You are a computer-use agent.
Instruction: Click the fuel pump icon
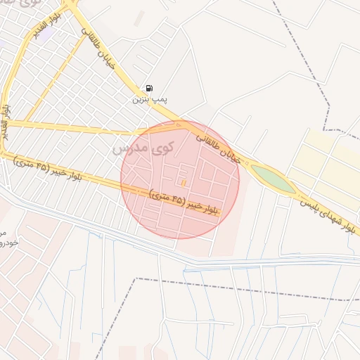149,89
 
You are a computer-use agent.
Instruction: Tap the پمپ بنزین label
150,100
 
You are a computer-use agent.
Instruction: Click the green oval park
273,179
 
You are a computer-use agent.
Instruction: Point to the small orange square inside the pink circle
184,183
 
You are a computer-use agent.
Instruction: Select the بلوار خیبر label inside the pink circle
184,202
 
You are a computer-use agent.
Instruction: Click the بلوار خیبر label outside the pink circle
48,169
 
